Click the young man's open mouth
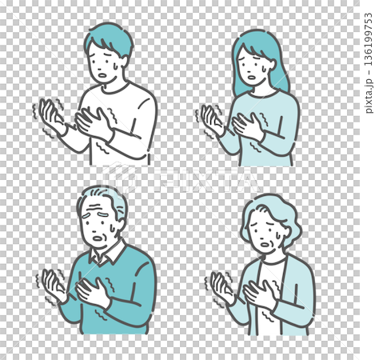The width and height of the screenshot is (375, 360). (102, 75)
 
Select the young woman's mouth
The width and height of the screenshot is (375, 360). (252, 78)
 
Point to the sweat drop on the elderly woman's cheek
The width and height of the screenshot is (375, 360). (278, 235)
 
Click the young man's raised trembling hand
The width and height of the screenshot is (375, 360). (52, 115)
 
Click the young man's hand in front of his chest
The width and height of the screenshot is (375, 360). (94, 123)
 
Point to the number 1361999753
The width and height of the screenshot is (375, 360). (369, 39)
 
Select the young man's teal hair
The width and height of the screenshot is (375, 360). (110, 38)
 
